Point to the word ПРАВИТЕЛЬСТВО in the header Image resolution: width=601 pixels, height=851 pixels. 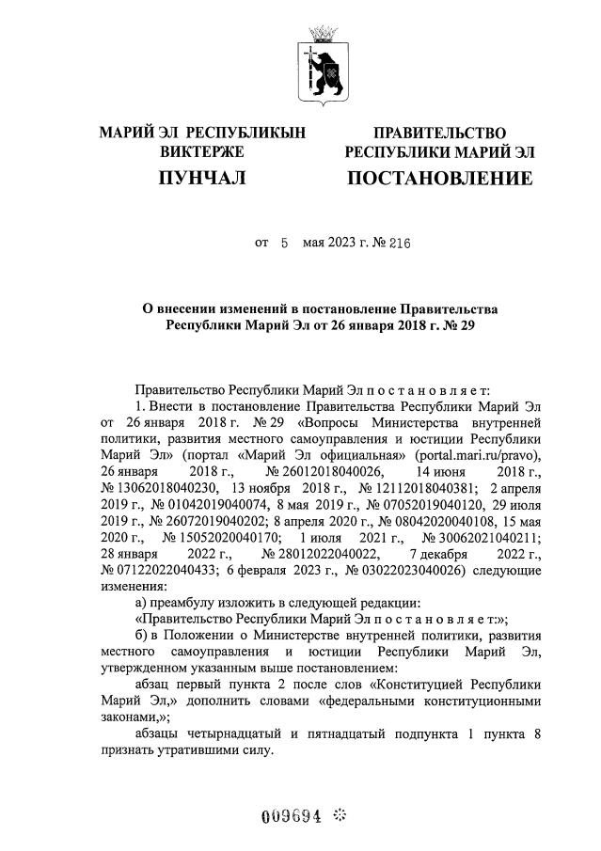(440, 134)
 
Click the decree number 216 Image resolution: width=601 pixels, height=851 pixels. (400, 244)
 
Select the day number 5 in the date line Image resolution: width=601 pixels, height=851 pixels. (283, 244)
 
